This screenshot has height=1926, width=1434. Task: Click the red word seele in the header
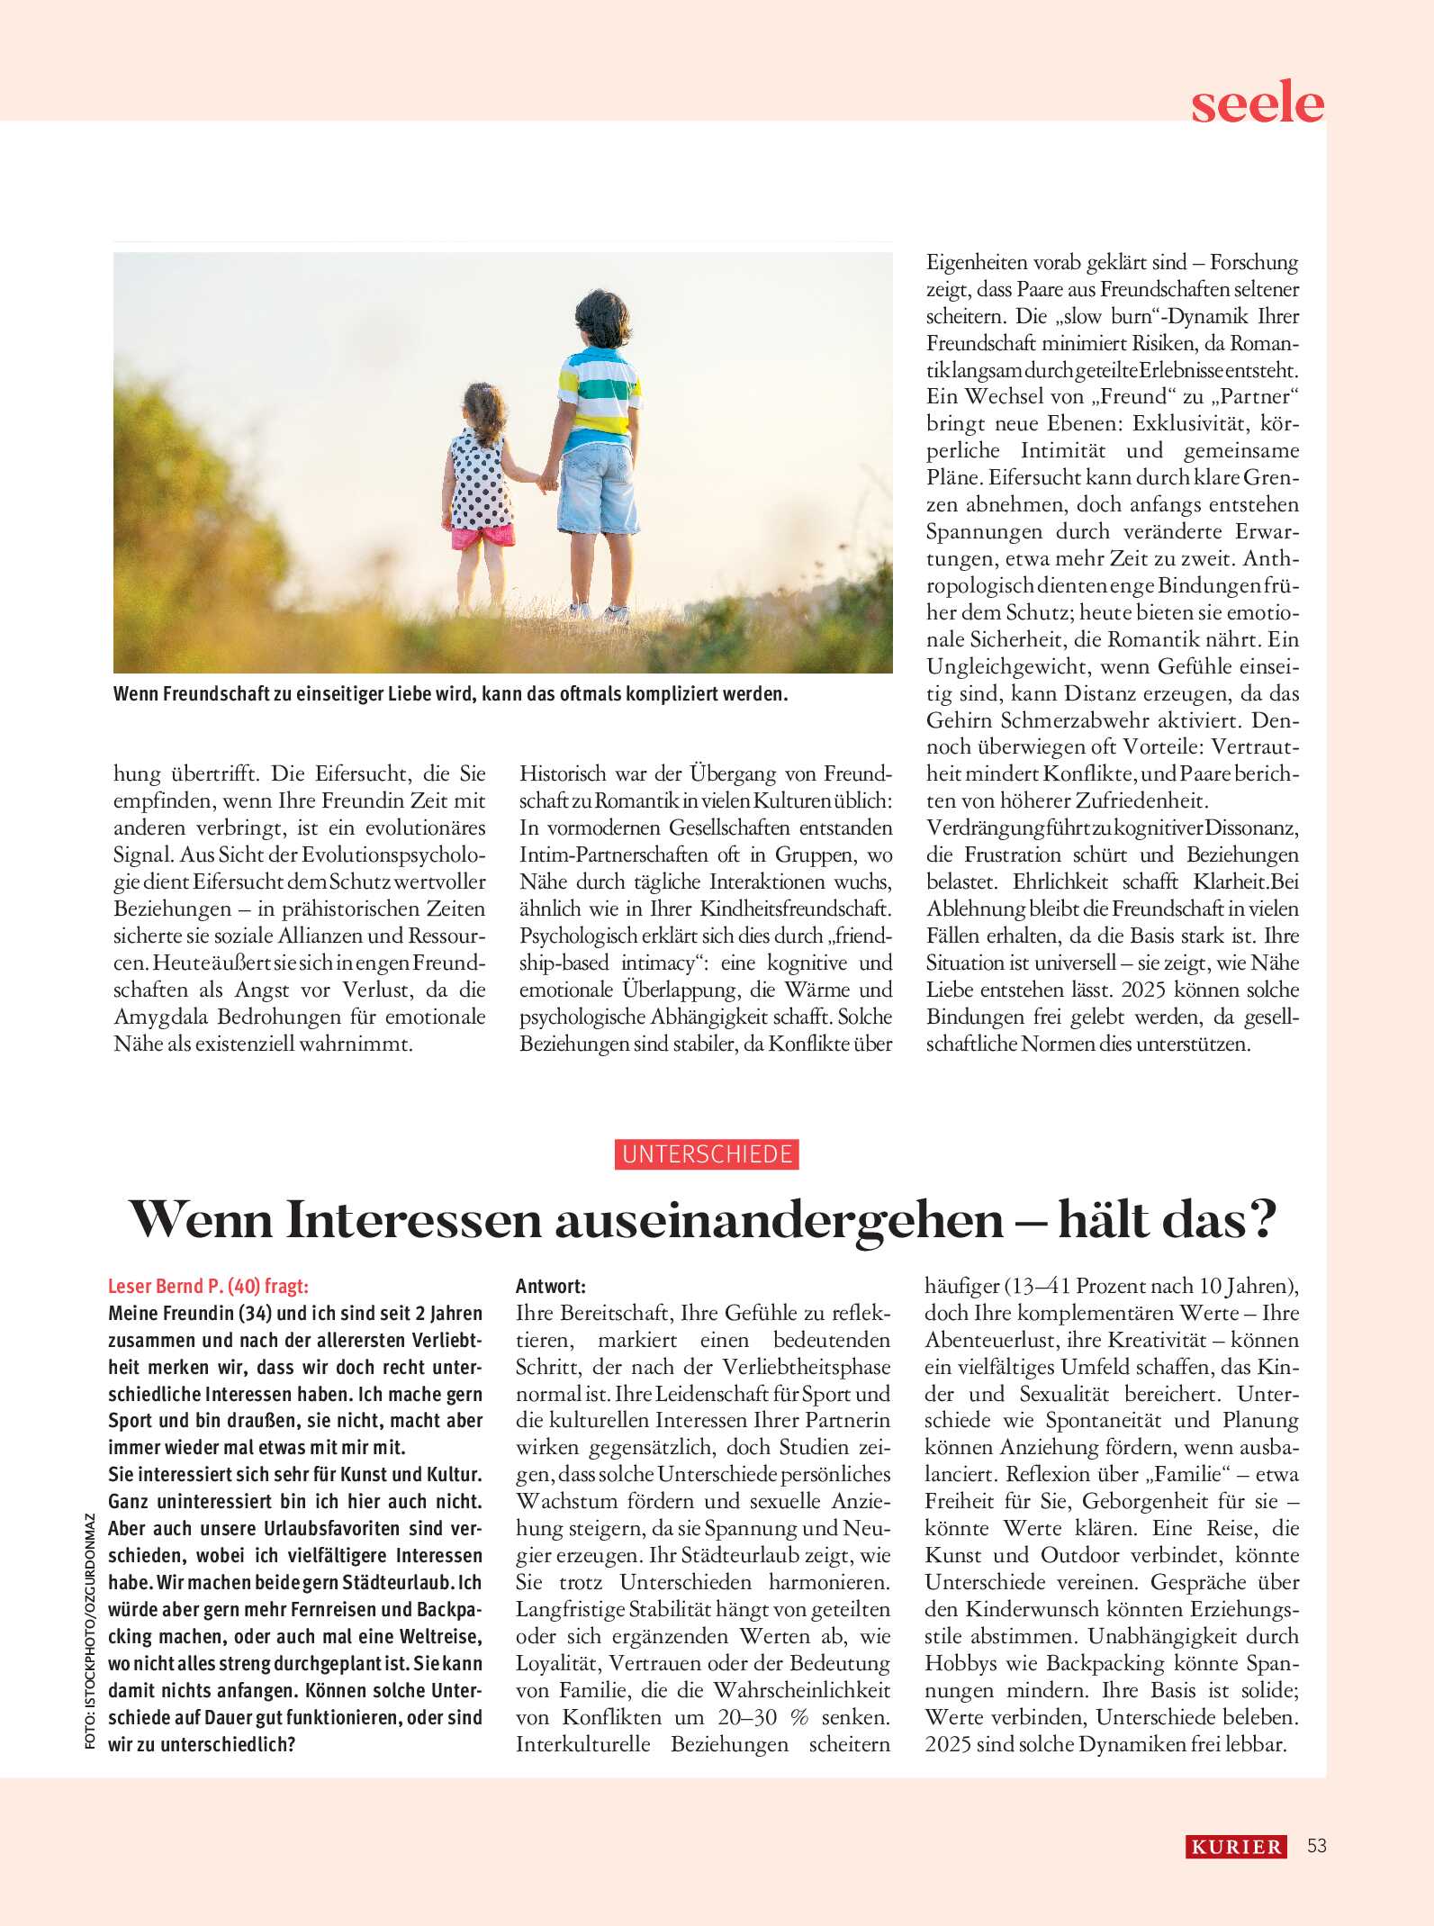(1257, 104)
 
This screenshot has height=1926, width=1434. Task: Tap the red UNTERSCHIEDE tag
(707, 1154)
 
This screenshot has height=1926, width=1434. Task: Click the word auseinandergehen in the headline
(779, 1220)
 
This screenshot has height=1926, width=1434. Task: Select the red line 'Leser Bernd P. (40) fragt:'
(208, 1286)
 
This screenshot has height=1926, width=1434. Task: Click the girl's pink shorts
(484, 538)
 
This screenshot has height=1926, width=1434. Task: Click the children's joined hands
(546, 482)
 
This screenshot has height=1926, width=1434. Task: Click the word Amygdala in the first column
(165, 1017)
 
